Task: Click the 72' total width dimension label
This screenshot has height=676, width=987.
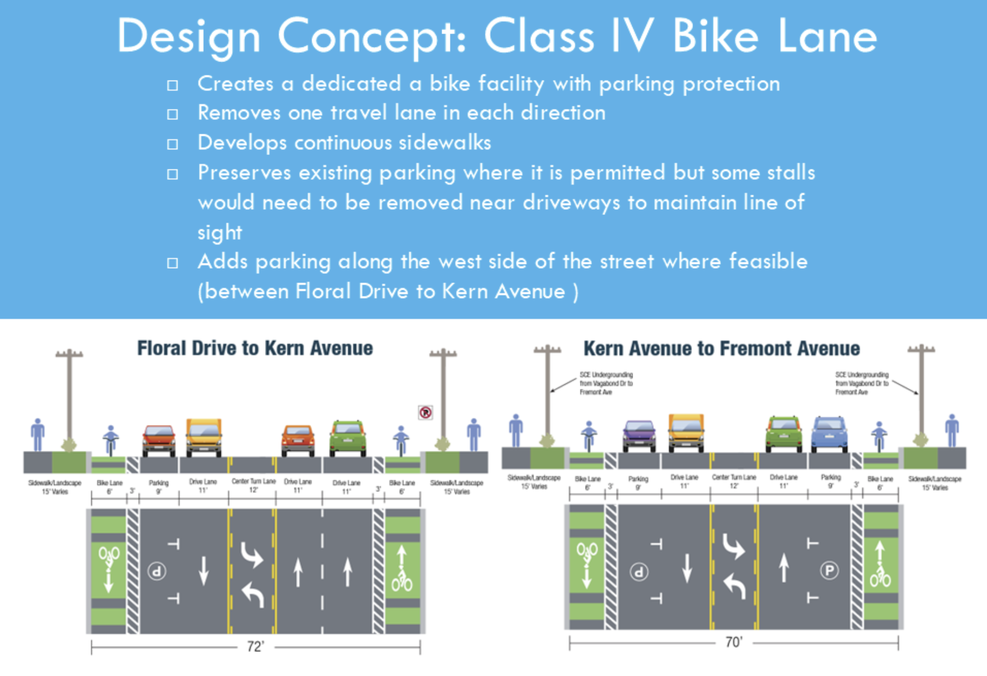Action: (255, 646)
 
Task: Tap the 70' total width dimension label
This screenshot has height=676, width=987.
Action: (734, 642)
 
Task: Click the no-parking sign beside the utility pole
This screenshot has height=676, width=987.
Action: (425, 413)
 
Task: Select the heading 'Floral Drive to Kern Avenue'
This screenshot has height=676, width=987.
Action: (255, 348)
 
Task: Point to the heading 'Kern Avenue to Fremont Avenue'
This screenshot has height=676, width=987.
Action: (721, 349)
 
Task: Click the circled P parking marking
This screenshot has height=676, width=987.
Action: (829, 570)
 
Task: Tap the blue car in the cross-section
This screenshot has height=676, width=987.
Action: (829, 434)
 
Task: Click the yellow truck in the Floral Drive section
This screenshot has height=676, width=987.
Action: (204, 437)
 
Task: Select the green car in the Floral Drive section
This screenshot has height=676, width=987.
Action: (348, 438)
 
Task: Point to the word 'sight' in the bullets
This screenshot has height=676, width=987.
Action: (220, 233)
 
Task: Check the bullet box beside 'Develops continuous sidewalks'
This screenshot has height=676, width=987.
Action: (173, 144)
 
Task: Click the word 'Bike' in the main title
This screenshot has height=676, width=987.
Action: (715, 37)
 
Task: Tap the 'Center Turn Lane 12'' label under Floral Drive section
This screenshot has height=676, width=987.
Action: (254, 485)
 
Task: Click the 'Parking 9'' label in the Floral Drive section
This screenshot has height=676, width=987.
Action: (158, 486)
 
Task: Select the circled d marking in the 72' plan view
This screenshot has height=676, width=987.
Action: (156, 571)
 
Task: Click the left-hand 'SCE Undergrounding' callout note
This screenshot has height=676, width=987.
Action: (606, 383)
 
